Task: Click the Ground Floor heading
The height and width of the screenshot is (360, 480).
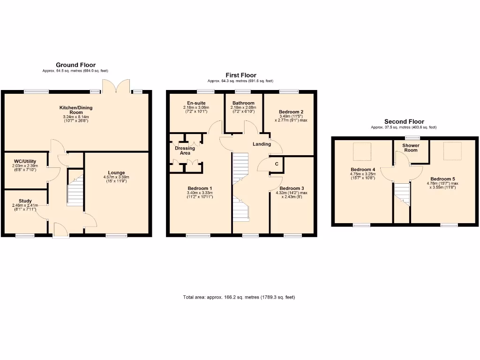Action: [x=75, y=65]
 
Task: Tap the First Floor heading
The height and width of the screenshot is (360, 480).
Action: [x=242, y=75]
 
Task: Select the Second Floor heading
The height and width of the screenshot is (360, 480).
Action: [x=404, y=122]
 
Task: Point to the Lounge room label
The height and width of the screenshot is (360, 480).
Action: [x=116, y=172]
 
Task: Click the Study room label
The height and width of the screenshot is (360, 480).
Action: [x=25, y=201]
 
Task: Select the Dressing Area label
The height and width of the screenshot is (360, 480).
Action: [x=185, y=150]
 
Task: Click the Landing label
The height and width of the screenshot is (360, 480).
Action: [x=262, y=144]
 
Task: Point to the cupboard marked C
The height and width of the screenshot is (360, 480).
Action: [x=277, y=164]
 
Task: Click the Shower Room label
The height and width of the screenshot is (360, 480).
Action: [x=411, y=148]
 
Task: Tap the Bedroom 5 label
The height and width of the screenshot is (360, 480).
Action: [x=442, y=179]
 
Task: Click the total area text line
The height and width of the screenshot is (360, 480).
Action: [x=239, y=297]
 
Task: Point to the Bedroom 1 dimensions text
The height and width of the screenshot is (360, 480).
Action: [x=200, y=195]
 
